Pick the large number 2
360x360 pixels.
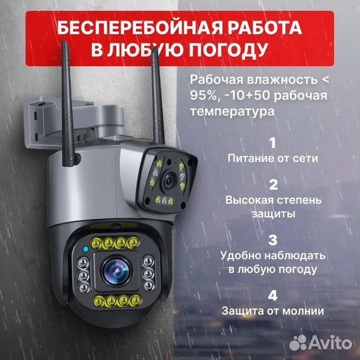272,185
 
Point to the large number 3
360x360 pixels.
272,239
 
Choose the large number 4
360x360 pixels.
272,294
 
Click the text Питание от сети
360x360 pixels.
272,159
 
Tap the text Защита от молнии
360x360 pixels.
272,310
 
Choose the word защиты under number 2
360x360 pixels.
272,213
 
